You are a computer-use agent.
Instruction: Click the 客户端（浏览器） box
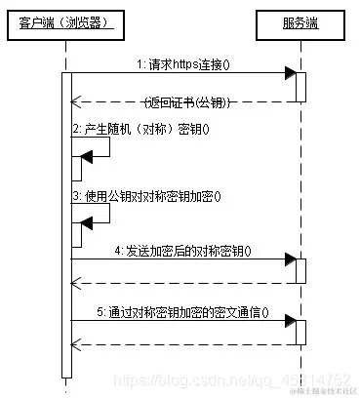64,21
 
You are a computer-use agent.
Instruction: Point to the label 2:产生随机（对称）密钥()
140,129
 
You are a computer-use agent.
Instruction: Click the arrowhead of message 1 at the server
290,73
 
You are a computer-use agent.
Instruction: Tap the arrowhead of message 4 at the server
290,260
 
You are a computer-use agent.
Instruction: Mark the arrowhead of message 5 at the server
290,322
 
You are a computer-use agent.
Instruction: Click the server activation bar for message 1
301,86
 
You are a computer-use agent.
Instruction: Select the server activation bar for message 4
301,272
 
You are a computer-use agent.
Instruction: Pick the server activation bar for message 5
301,333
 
